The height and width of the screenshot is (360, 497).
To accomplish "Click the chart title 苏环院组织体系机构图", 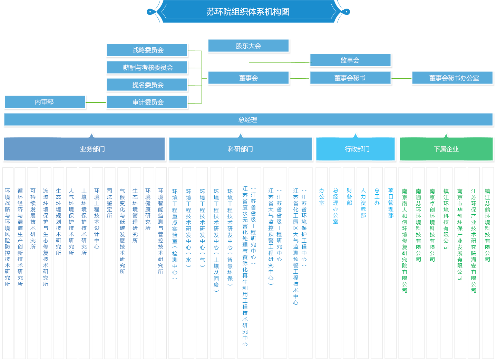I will pyautogui.click(x=248, y=12).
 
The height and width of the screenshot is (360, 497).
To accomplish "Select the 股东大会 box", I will pyautogui.click(x=248, y=46).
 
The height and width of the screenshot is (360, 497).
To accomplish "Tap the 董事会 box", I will pyautogui.click(x=248, y=78).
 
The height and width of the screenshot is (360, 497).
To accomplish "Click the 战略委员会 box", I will pyautogui.click(x=148, y=50).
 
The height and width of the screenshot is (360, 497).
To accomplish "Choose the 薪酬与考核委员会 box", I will pyautogui.click(x=148, y=68).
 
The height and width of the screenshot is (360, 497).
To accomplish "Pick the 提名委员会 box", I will pyautogui.click(x=148, y=85).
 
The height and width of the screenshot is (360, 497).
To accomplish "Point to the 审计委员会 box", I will pyautogui.click(x=148, y=102).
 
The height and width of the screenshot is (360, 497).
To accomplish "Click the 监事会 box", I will pyautogui.click(x=350, y=60).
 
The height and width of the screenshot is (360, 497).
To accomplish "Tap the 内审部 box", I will pyautogui.click(x=44, y=102).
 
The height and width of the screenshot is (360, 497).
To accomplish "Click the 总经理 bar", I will pyautogui.click(x=248, y=120).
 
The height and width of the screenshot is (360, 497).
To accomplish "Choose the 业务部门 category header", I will pyautogui.click(x=92, y=149).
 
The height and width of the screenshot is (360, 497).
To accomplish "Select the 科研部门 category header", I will pyautogui.click(x=240, y=149).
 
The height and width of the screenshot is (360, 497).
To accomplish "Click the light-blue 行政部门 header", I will pyautogui.click(x=357, y=149).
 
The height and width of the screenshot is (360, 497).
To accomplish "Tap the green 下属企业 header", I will pyautogui.click(x=446, y=149).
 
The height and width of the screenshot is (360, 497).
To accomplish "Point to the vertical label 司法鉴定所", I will pyautogui.click(x=109, y=203).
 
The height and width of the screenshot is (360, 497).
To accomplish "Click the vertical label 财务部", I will pyautogui.click(x=349, y=197).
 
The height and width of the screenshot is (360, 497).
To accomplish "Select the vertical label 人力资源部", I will pyautogui.click(x=363, y=203).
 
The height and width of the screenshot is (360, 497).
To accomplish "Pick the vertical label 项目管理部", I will pyautogui.click(x=391, y=203).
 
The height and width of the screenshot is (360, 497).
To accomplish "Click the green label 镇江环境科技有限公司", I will pyautogui.click(x=446, y=218).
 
